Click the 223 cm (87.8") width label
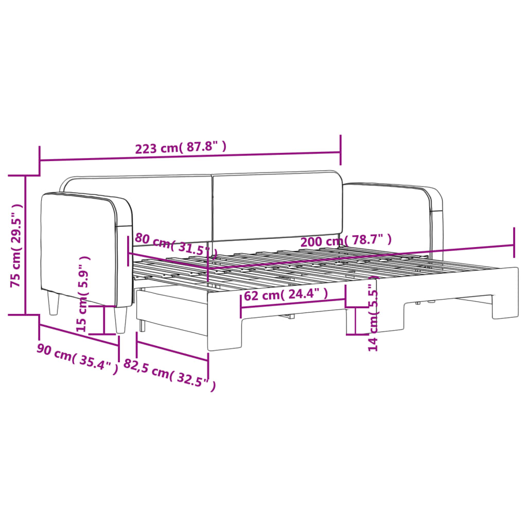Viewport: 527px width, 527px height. coord(181,148)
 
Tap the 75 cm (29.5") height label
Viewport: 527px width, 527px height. coord(17,245)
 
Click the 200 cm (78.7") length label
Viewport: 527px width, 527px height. coord(345,239)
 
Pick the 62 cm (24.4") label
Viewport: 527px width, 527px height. coord(285,295)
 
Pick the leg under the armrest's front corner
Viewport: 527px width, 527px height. coord(121,320)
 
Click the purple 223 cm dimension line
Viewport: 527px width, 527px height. coord(190,156)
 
